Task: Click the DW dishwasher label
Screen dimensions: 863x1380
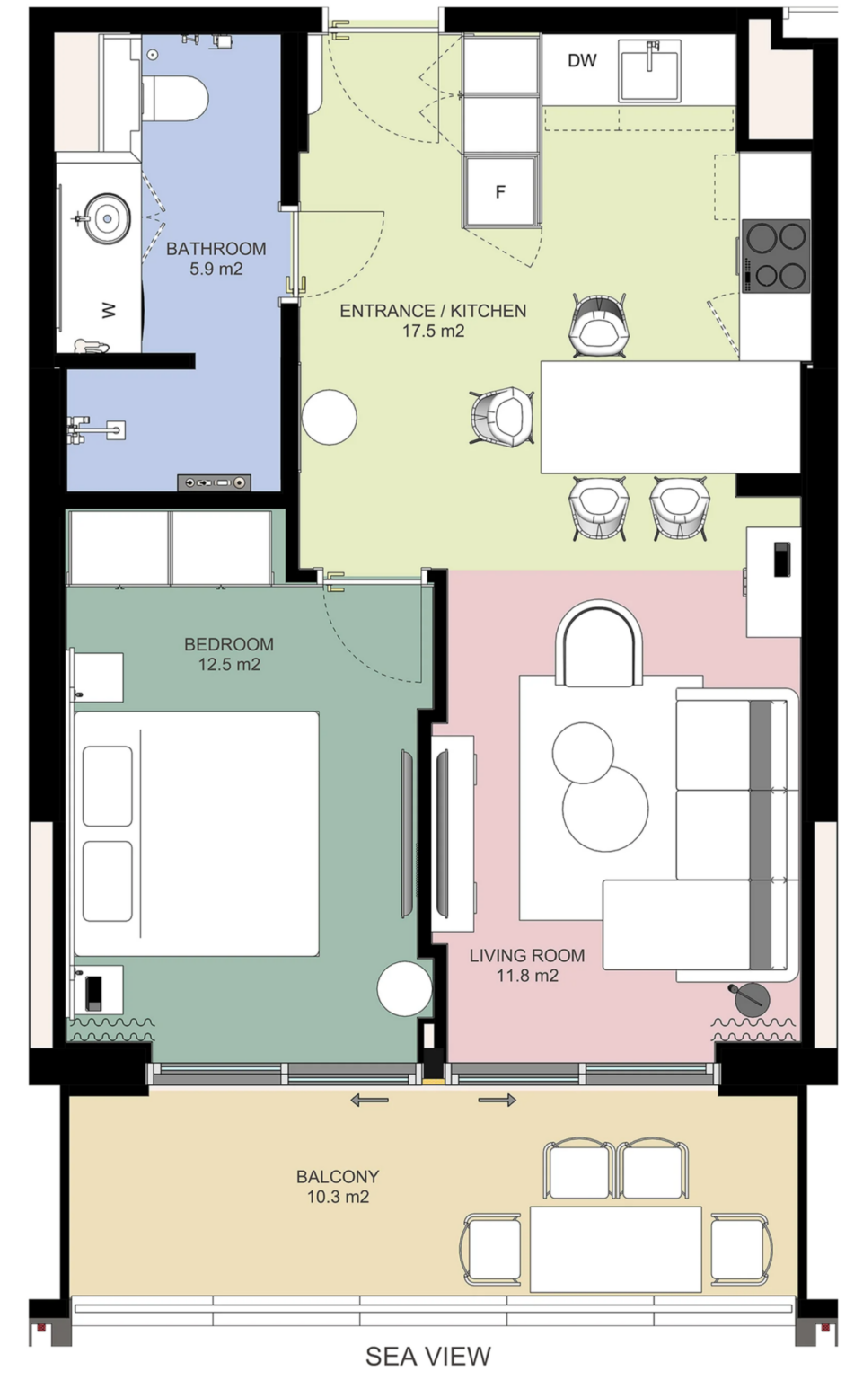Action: point(582,60)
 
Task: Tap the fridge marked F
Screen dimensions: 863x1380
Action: point(500,191)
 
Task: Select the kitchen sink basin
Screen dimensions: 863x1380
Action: point(650,70)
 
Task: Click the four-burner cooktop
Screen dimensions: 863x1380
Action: point(776,256)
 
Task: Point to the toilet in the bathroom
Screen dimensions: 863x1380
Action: point(175,99)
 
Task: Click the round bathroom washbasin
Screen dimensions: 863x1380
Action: point(108,218)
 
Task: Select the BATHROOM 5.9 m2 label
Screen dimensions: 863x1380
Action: point(216,259)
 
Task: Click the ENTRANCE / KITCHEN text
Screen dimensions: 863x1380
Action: point(433,311)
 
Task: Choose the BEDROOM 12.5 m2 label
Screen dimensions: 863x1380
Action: point(229,654)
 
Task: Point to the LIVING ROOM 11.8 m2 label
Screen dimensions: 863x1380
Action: point(527,966)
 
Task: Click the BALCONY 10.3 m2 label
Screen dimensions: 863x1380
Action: point(338,1187)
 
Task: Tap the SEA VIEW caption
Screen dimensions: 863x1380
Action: point(428,1356)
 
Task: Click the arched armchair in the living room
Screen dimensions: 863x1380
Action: point(599,644)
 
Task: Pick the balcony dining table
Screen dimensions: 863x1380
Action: point(615,1249)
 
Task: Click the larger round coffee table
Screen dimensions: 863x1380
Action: point(605,809)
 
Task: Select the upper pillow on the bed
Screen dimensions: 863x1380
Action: point(107,786)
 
